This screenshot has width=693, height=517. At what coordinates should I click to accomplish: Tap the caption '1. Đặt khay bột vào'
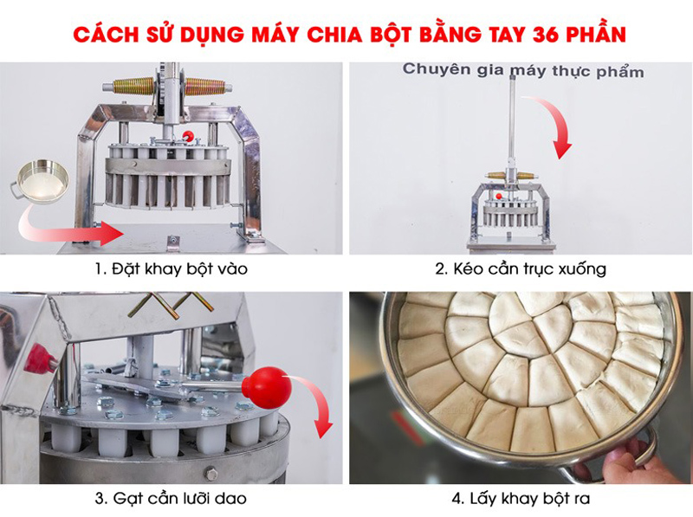point(172,269)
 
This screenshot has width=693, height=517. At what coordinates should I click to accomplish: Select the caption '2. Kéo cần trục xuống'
point(520,269)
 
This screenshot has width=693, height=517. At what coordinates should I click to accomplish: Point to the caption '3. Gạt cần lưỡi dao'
point(172,499)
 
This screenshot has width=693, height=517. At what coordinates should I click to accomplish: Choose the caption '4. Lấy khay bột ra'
point(520,499)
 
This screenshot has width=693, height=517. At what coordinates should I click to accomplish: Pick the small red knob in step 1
point(187,135)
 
